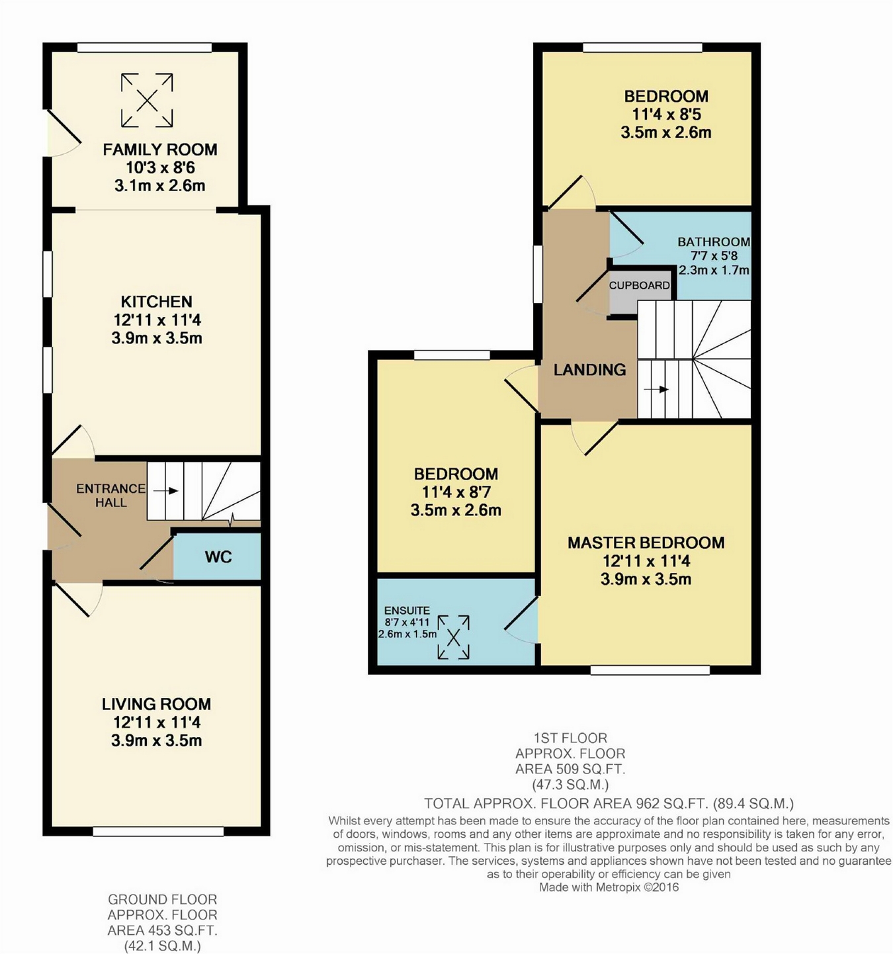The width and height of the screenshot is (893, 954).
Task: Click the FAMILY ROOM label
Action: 160,150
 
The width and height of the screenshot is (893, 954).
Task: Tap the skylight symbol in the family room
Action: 147,100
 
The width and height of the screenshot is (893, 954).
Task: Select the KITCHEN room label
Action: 157,302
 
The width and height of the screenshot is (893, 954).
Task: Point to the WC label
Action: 218,557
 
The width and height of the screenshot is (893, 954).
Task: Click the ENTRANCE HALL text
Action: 111,496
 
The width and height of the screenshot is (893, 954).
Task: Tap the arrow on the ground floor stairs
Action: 166,491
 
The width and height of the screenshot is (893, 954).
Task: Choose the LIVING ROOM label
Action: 156,704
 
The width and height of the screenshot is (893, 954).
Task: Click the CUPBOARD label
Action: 640,285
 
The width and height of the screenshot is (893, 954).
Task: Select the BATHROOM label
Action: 714,241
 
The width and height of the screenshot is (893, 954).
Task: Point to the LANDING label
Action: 590,369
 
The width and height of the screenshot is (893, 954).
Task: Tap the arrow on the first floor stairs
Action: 656,389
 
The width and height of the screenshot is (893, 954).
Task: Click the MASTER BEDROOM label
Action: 646,542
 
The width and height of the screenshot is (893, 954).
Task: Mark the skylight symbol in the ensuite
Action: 454,637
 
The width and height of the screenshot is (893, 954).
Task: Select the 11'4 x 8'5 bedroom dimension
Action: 666,114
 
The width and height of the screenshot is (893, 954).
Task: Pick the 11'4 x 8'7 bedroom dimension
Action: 456,492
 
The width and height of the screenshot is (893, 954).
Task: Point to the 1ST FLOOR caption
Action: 570,738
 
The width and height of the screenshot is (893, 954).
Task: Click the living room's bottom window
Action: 158,832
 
